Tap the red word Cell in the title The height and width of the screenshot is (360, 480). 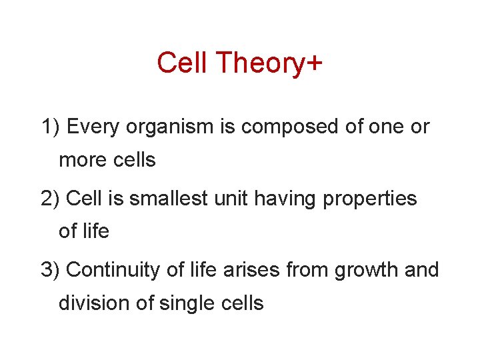(183, 63)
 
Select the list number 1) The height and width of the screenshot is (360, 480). (51, 127)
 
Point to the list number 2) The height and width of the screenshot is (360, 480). (51, 199)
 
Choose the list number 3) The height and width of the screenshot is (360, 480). (51, 270)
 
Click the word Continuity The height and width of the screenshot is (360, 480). (111, 270)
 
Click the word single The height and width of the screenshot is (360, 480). (188, 303)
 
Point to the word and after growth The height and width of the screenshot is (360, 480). (421, 270)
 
